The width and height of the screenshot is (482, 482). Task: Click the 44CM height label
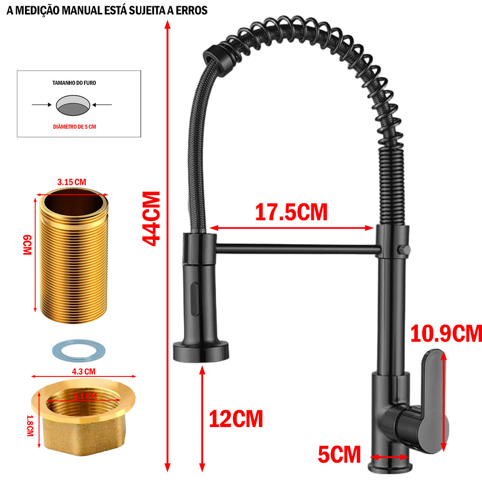(x=152, y=218)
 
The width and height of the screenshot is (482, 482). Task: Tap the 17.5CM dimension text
(x=291, y=212)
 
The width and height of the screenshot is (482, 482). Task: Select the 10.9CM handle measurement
(x=446, y=333)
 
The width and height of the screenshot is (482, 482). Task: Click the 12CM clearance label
(x=236, y=418)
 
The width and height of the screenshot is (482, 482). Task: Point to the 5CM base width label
(x=339, y=454)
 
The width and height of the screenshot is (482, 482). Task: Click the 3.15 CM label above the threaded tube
(x=71, y=182)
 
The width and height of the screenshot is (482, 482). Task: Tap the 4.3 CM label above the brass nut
(x=83, y=371)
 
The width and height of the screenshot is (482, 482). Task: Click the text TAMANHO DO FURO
(x=74, y=83)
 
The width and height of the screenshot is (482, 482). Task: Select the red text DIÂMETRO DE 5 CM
(x=75, y=127)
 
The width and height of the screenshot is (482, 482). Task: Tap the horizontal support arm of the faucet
(x=294, y=249)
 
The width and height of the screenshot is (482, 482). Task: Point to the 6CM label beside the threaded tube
(x=27, y=245)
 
